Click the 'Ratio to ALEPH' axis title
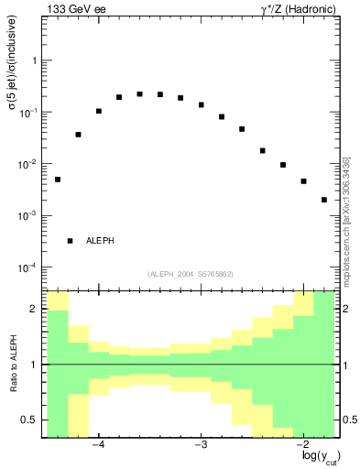point(12,365)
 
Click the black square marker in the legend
point(70,241)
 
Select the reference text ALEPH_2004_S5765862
point(190,274)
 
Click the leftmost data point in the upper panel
point(58,180)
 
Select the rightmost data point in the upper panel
point(324,200)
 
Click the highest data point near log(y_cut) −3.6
point(139,93)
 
